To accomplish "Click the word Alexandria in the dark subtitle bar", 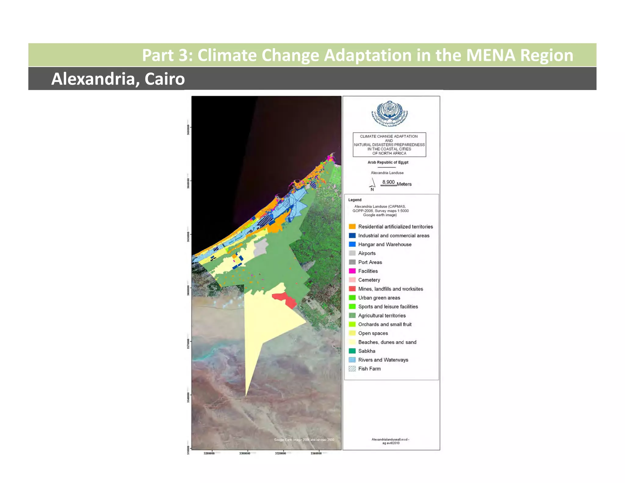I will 93,79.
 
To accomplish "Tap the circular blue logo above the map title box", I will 389,113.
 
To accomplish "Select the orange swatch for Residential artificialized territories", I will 352,227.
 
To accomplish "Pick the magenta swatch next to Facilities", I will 352,271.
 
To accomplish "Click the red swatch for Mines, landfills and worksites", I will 352,289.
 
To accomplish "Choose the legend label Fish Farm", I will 369,369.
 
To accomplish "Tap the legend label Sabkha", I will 367,351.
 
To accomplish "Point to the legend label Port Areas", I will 370,262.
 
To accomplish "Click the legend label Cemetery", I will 369,280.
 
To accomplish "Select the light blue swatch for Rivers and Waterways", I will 352,360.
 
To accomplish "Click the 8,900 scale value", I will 388,182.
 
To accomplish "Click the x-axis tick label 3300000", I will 245,453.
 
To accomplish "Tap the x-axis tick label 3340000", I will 316,453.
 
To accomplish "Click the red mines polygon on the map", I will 285,299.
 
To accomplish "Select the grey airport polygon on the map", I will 261,248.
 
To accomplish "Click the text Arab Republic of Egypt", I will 388,162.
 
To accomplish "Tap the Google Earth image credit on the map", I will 304,440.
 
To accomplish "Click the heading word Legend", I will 355,200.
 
